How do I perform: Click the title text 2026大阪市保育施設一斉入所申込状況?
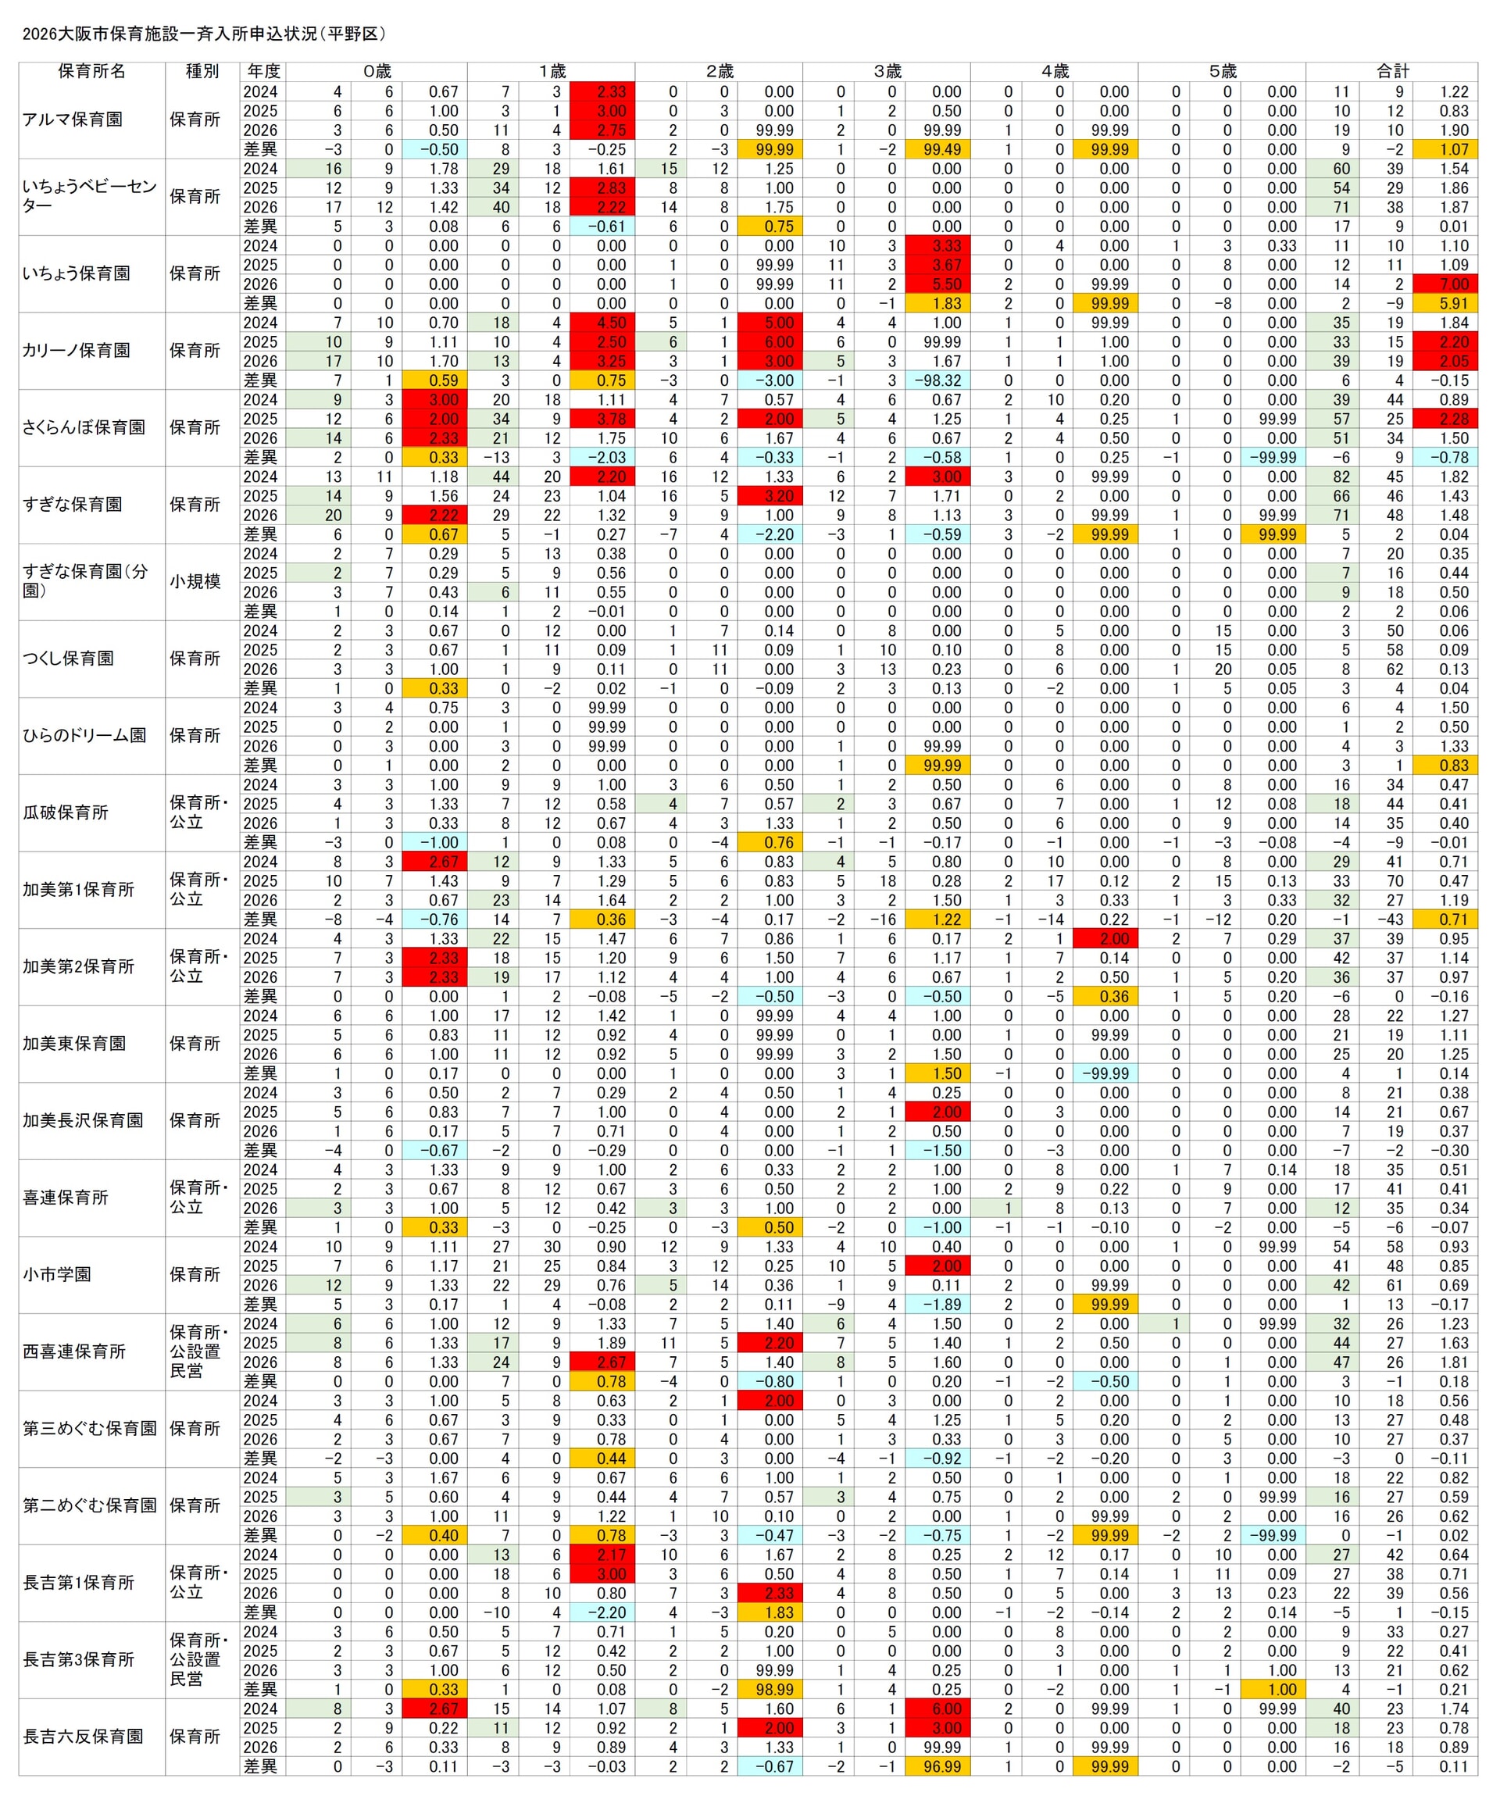coord(204,34)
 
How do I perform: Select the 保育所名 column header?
coord(91,71)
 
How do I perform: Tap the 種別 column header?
coord(202,71)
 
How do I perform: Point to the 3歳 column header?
coord(887,71)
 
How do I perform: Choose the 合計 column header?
coord(1391,71)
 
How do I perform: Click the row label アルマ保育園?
coord(73,120)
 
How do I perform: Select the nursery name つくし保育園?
coord(69,659)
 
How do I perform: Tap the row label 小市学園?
coord(57,1274)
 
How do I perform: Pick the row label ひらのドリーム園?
coord(84,735)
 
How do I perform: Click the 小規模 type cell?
coord(195,581)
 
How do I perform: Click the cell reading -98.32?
coord(937,380)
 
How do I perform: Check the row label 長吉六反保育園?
coord(83,1736)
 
